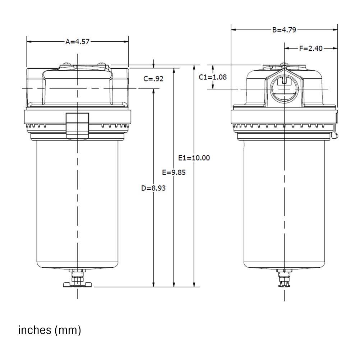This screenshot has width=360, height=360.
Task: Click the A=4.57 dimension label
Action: pos(77,41)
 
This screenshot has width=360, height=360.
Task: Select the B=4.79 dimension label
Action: pos(284,30)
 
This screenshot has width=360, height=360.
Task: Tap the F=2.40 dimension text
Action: pos(311,48)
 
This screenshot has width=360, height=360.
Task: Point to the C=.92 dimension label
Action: pos(153,79)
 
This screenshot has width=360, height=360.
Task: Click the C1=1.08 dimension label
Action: pos(213,77)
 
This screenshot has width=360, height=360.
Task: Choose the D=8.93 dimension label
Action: pos(153,188)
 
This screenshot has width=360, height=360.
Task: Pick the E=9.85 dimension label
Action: pos(174,172)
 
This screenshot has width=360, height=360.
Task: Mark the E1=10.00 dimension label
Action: pos(194,157)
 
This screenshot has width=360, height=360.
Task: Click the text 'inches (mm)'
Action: pos(50,330)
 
